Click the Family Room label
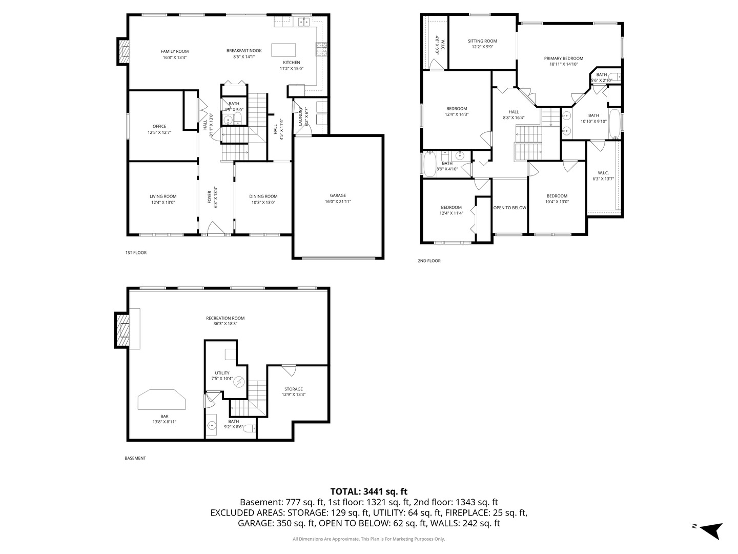coord(175,51)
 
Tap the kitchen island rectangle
coord(283,50)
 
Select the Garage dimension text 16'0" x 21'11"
coord(338,202)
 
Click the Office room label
coord(159,126)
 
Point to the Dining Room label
coord(263,196)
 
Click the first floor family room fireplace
coord(124,51)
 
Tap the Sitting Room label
coord(482,41)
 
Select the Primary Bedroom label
coord(563,58)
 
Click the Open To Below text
coord(509,208)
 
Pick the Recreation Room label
coord(225,318)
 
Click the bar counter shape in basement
coord(162,400)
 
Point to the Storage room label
coord(294,389)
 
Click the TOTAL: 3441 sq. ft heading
coord(368,491)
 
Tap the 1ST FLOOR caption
coord(136,252)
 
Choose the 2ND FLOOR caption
coord(429,261)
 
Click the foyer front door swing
coord(215,229)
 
